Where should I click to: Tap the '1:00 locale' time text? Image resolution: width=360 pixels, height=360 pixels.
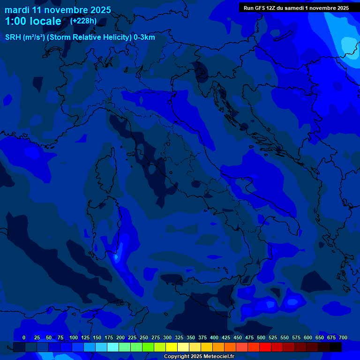click(33, 21)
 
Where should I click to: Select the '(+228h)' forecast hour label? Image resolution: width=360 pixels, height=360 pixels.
click(83, 21)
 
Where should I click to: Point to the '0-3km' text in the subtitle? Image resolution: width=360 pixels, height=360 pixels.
click(144, 37)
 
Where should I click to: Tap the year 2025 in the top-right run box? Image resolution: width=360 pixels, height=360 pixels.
click(341, 8)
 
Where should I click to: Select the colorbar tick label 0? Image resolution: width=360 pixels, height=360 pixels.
click(24, 337)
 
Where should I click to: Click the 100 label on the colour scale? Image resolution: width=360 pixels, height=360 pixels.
click(74, 337)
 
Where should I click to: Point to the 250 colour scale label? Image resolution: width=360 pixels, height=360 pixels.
click(144, 337)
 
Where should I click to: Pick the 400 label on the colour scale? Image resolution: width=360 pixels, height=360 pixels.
click(214, 337)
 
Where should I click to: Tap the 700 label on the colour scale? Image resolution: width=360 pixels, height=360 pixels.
click(343, 337)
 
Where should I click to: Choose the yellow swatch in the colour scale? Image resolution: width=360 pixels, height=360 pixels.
click(172, 347)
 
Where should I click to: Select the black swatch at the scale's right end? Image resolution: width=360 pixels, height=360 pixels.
click(336, 347)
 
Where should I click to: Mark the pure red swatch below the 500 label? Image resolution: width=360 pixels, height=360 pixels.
click(265, 347)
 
